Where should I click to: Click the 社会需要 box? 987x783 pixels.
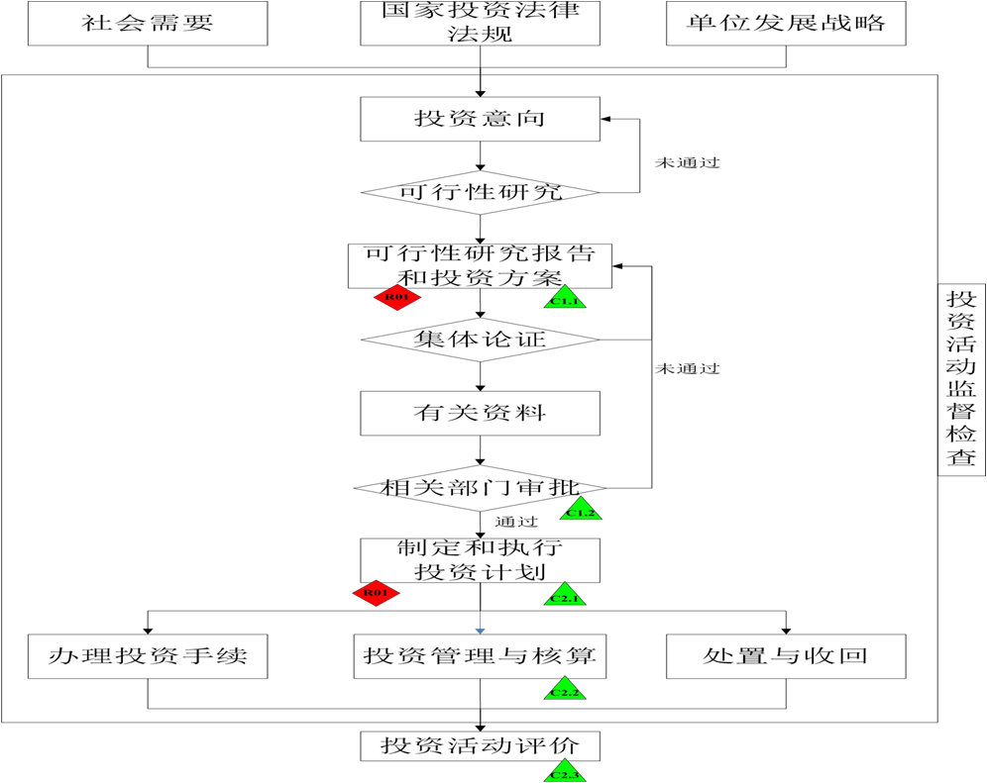coord(148,23)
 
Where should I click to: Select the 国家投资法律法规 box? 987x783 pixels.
coord(480,23)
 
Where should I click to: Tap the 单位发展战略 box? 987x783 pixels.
coord(786,23)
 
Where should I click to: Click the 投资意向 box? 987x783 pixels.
coord(480,119)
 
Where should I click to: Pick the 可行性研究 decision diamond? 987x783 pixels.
coord(480,192)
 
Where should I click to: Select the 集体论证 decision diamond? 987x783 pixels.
coord(480,341)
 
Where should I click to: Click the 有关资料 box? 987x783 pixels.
coord(480,413)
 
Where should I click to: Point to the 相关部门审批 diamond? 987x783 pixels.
coord(480,487)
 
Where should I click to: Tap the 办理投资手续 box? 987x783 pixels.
coord(148,655)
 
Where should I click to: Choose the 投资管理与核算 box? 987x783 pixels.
coord(480,655)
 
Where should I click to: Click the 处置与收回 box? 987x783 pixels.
coord(786,655)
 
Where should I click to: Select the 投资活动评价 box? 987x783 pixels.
coord(480,744)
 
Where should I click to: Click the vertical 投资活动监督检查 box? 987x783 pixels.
coord(959,379)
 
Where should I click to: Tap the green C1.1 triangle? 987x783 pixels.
coord(565,298)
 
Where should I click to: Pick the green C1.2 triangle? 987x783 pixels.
coord(584,511)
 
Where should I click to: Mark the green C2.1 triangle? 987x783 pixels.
coord(566,596)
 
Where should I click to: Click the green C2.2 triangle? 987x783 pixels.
coord(566,690)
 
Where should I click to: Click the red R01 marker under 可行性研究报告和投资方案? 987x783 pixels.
coord(396,296)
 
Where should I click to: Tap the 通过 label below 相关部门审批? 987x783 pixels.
coord(517,522)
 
